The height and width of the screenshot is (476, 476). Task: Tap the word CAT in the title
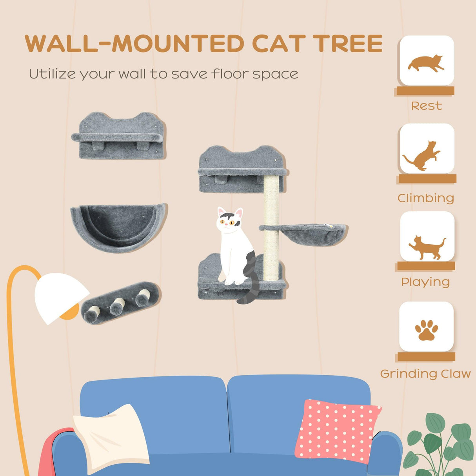pos(278,44)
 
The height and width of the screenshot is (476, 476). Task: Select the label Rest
pos(426,106)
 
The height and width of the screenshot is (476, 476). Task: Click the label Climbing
pos(426,198)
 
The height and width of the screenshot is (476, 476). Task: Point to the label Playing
pos(425,282)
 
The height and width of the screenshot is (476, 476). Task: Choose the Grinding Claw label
pos(425,374)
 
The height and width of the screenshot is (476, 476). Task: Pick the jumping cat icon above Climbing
pos(423,156)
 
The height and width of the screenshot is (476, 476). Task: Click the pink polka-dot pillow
pos(337,429)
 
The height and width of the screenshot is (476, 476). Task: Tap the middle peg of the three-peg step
pos(117,305)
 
